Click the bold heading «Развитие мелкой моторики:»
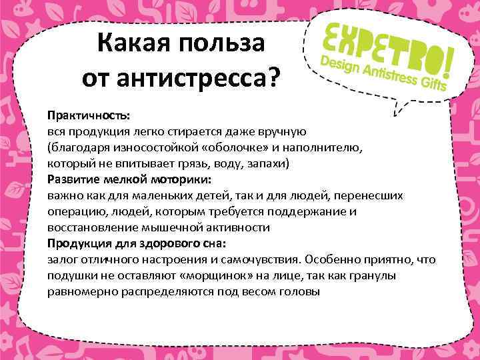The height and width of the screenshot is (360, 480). (x=129, y=179)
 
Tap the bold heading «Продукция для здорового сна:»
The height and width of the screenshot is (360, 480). (x=137, y=243)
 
